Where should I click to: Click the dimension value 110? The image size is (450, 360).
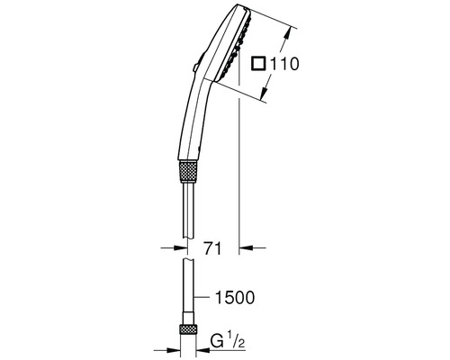tap(284, 64)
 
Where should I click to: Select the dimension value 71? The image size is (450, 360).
tap(212, 248)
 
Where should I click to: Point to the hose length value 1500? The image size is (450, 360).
tap(235, 297)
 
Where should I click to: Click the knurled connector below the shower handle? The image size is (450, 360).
tap(188, 172)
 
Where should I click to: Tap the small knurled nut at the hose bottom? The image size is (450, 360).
tap(188, 329)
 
